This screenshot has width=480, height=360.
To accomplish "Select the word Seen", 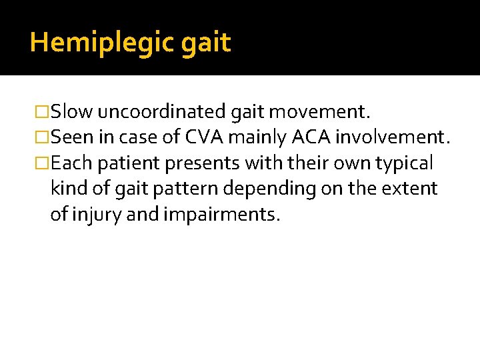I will (x=71, y=137).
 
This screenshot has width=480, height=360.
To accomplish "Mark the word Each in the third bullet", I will (x=71, y=163).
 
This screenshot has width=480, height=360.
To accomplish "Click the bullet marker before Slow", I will (x=43, y=111).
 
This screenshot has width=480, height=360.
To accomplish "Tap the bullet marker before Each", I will (x=43, y=163).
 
